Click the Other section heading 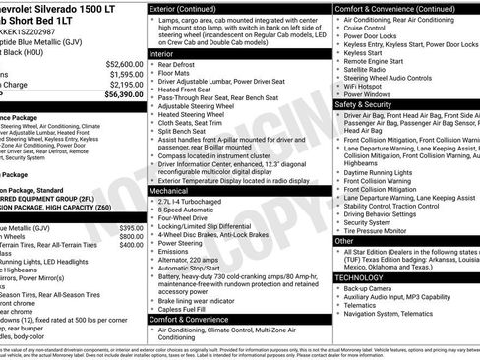[344, 240]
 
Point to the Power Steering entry [181, 242]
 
